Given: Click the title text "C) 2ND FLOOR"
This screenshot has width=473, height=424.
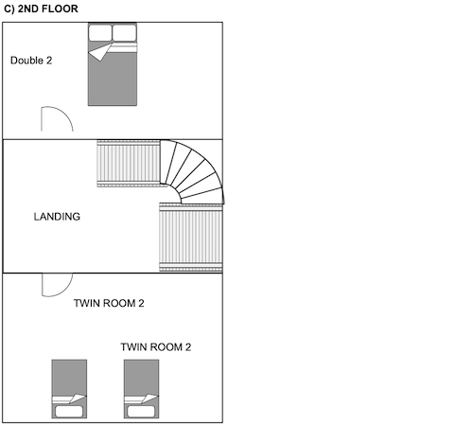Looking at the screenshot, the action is pyautogui.click(x=41, y=9).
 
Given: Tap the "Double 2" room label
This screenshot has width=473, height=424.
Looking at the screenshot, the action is pyautogui.click(x=31, y=61).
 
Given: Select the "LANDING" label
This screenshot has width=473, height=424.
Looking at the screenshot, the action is pyautogui.click(x=57, y=217).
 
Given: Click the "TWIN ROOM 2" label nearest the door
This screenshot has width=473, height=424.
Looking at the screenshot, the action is pyautogui.click(x=109, y=303).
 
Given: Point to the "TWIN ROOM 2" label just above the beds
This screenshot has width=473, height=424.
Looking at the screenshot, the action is pyautogui.click(x=156, y=347).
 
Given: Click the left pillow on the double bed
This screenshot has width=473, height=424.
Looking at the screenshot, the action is pyautogui.click(x=100, y=33).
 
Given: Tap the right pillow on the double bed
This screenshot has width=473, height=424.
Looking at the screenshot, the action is pyautogui.click(x=125, y=33).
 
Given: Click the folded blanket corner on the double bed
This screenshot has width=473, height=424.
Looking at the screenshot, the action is pyautogui.click(x=100, y=52).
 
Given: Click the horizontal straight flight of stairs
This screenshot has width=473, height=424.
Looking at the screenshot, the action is pyautogui.click(x=129, y=164).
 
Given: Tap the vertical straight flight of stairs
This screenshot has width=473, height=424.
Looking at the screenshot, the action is pyautogui.click(x=191, y=238).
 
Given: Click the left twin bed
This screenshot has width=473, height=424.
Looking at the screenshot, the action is pyautogui.click(x=69, y=389).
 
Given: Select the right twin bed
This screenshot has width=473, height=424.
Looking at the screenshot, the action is pyautogui.click(x=141, y=389).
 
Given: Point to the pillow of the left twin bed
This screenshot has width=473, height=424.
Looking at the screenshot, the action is pyautogui.click(x=69, y=412).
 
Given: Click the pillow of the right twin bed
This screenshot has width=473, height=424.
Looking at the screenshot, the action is pyautogui.click(x=141, y=412).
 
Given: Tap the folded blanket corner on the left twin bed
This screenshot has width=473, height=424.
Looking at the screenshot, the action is pyautogui.click(x=77, y=398).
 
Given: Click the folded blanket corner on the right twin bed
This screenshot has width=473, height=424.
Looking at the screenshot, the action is pyautogui.click(x=149, y=398).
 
